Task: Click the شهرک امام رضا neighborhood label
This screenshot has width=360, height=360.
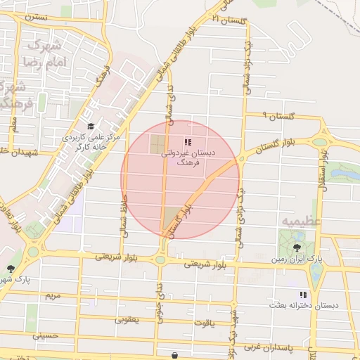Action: click(44, 53)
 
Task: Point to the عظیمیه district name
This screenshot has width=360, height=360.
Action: click(302, 221)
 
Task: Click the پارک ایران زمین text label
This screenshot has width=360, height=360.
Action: click(298, 259)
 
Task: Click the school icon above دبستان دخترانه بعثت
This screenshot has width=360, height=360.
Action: click(303, 295)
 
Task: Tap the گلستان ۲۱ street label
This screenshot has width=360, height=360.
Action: click(233, 22)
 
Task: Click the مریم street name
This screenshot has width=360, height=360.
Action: click(53, 295)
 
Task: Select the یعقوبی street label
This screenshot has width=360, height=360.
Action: click(128, 319)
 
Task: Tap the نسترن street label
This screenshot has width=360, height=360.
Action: click(36, 15)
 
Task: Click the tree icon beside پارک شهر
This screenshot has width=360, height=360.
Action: click(10, 269)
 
